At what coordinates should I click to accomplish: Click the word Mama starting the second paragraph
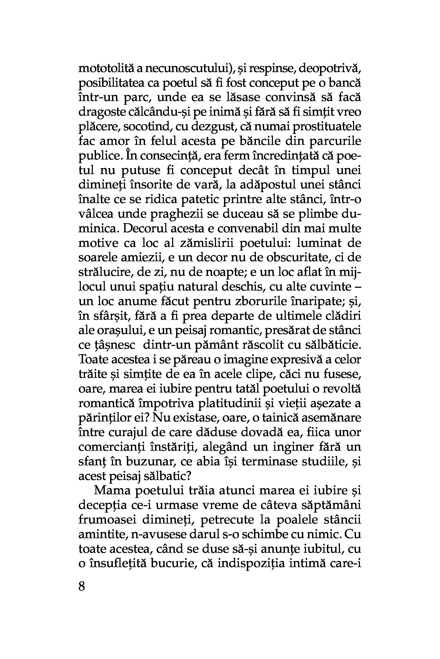[x=110, y=491]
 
